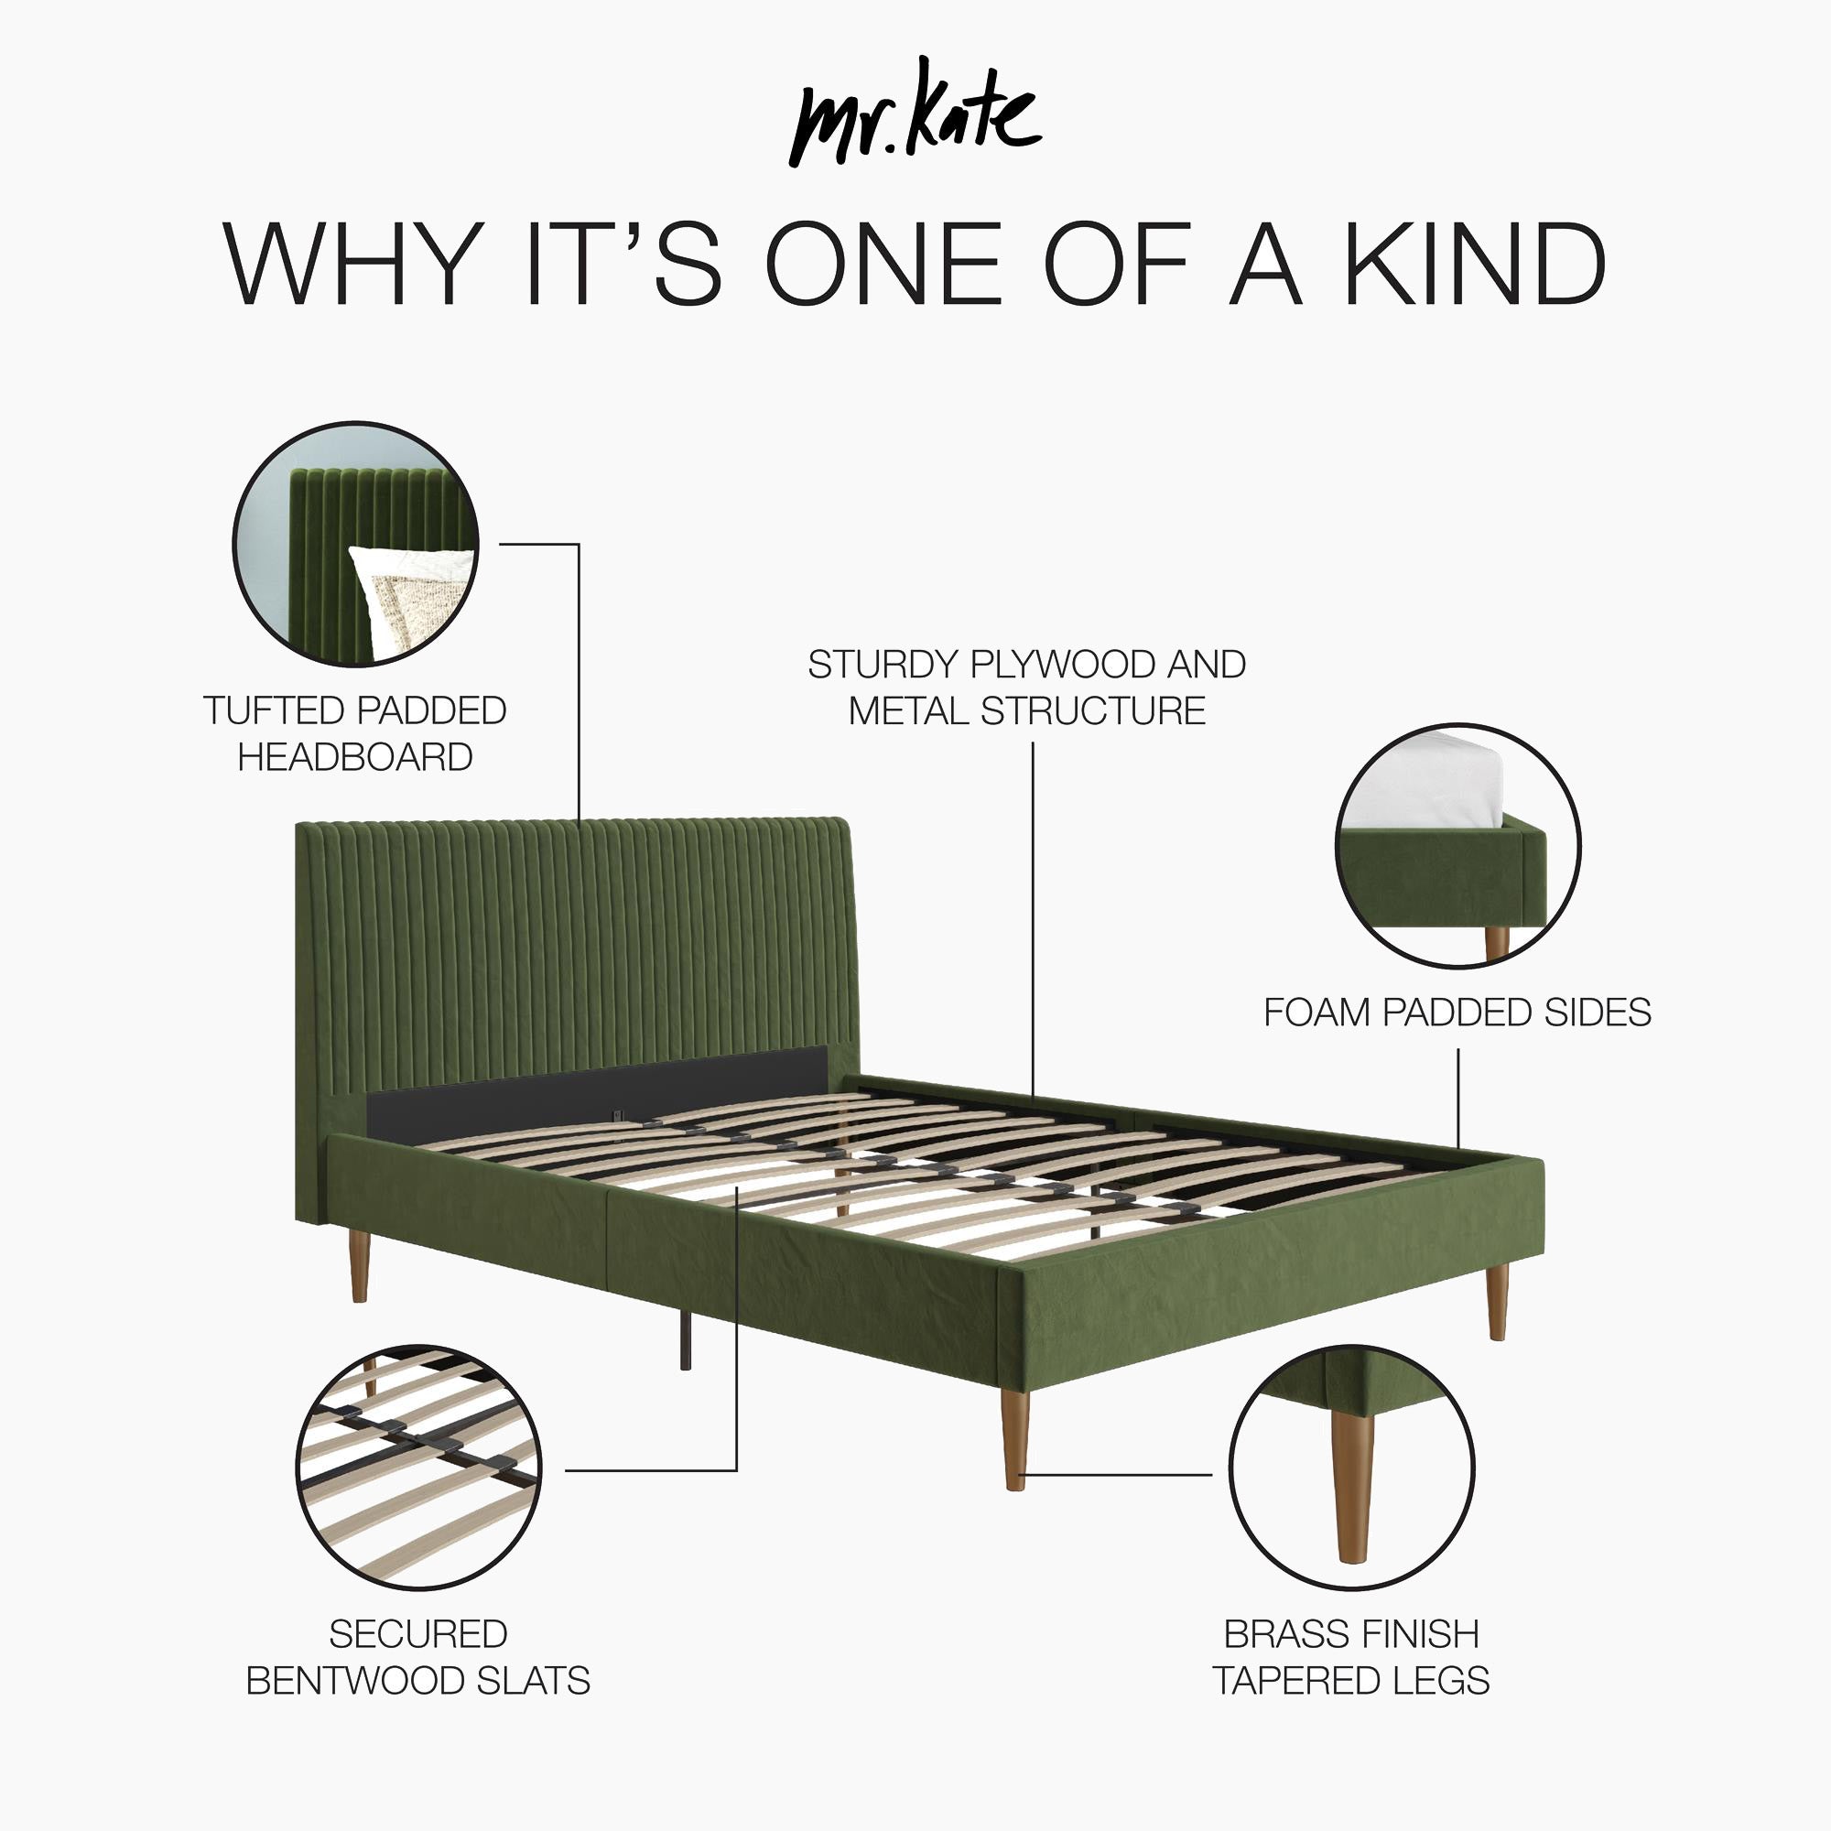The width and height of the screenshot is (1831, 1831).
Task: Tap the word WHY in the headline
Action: click(349, 265)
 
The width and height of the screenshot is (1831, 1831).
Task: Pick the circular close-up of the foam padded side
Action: click(1457, 845)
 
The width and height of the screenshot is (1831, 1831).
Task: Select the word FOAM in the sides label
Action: click(1317, 1013)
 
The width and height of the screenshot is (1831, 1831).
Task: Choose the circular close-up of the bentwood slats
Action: click(418, 1467)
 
